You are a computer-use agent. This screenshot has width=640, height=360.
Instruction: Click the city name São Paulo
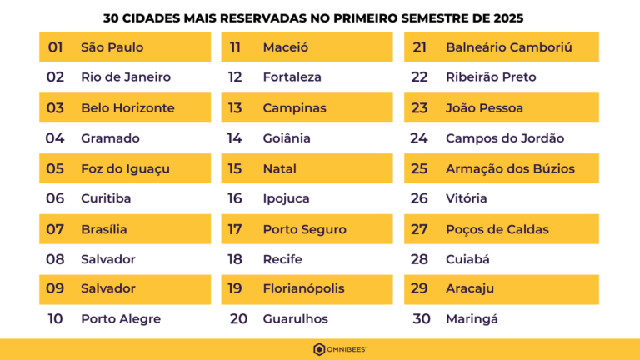pyautogui.click(x=112, y=47)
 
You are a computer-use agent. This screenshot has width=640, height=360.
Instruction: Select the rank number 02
pyautogui.click(x=55, y=77)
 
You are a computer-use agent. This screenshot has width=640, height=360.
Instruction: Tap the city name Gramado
pyautogui.click(x=110, y=138)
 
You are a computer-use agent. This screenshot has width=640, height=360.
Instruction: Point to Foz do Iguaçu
pyautogui.click(x=125, y=168)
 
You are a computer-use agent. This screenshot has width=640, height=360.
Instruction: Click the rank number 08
pyautogui.click(x=55, y=259)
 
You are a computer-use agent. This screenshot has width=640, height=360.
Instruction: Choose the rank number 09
pyautogui.click(x=55, y=288)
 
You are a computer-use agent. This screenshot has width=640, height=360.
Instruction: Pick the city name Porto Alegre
pyautogui.click(x=121, y=319)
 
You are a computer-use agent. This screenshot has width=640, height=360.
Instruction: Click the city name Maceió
pyautogui.click(x=286, y=47)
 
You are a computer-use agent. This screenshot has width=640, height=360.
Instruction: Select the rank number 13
pyautogui.click(x=235, y=108)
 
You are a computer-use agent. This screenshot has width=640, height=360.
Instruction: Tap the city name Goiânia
pyautogui.click(x=287, y=138)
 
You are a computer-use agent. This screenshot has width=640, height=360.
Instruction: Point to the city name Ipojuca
pyautogui.click(x=286, y=198)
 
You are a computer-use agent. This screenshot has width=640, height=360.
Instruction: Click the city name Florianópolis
pyautogui.click(x=303, y=288)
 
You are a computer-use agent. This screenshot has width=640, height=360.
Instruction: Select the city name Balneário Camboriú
pyautogui.click(x=509, y=47)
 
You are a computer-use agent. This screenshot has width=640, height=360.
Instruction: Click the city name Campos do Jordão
pyautogui.click(x=505, y=138)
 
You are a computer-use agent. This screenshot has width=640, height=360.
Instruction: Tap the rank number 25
pyautogui.click(x=419, y=168)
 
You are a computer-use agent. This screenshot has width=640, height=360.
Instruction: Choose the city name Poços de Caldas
pyautogui.click(x=497, y=229)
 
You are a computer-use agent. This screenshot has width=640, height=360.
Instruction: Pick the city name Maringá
pyautogui.click(x=472, y=319)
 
